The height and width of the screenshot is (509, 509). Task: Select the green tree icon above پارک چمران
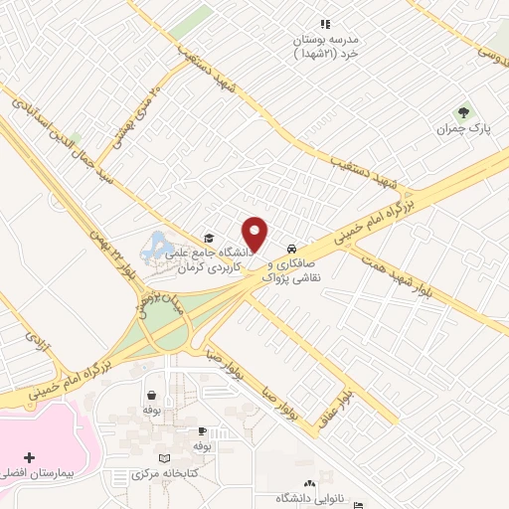(x=461, y=112)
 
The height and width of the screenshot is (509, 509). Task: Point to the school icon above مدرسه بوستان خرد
(x=324, y=24)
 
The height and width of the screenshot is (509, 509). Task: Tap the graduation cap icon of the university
(x=209, y=238)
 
